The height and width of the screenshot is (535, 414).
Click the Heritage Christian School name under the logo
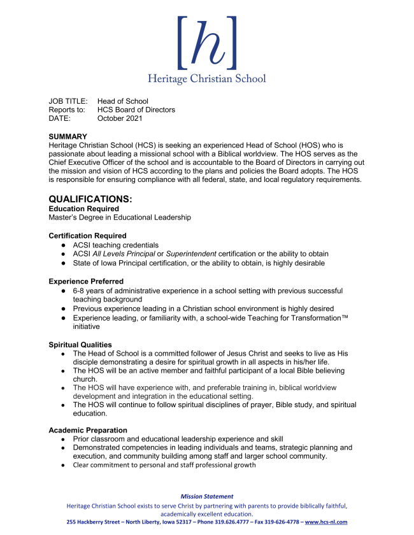(x=206, y=79)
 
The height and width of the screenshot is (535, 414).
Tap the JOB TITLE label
(x=68, y=101)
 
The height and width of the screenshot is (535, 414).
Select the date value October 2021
(x=120, y=118)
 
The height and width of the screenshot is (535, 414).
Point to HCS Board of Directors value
(x=136, y=109)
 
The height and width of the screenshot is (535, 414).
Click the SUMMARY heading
(x=68, y=137)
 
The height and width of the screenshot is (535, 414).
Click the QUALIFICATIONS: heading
(x=90, y=199)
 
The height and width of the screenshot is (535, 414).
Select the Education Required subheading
(x=83, y=209)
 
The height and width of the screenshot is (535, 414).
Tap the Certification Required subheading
(x=87, y=235)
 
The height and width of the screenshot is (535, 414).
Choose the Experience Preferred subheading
(x=86, y=281)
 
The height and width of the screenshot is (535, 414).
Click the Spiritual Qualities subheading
(x=80, y=345)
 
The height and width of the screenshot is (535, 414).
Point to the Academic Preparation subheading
(x=88, y=430)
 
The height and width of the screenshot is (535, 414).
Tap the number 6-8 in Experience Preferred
(x=79, y=291)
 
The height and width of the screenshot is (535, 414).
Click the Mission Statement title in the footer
(x=206, y=496)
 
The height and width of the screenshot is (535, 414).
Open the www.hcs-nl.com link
(x=326, y=522)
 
